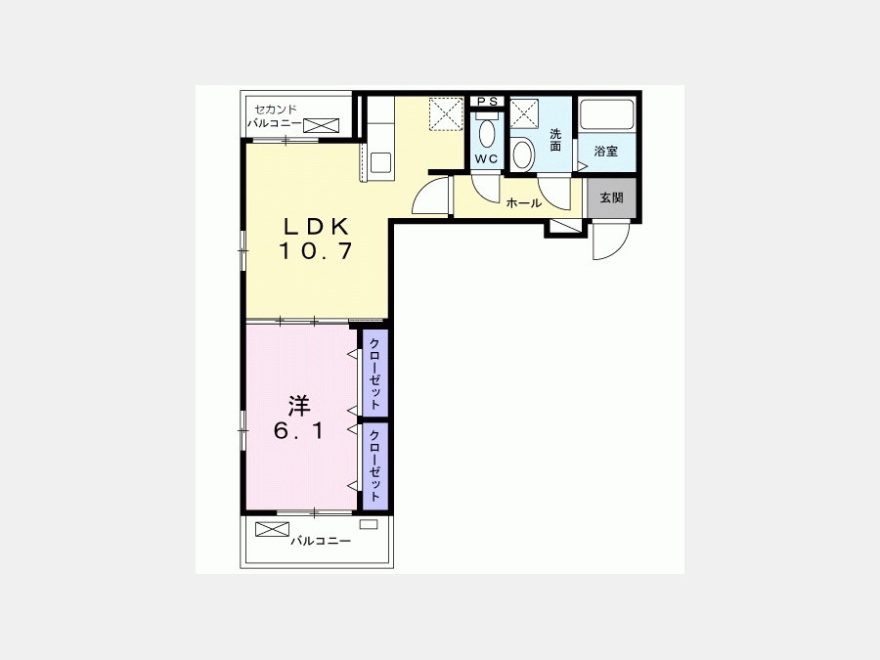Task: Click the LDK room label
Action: [x=317, y=226]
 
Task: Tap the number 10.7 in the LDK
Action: [x=316, y=250]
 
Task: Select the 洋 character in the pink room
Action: [x=300, y=406]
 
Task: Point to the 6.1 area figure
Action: [x=298, y=431]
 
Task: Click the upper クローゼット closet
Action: [x=374, y=374]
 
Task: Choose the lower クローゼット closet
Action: [x=374, y=465]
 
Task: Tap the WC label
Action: [x=486, y=158]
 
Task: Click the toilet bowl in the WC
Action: [x=487, y=132]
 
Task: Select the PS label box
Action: [x=487, y=102]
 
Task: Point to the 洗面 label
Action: [x=555, y=140]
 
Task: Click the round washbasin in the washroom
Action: [x=524, y=154]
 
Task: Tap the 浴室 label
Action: [x=606, y=151]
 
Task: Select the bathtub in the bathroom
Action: [x=606, y=114]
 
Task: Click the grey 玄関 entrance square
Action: [x=611, y=198]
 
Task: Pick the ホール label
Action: [x=523, y=203]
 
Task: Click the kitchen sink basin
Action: [x=381, y=162]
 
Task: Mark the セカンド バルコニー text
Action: [x=275, y=116]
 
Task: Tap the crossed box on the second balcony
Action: [x=322, y=125]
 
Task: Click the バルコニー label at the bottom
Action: [x=321, y=541]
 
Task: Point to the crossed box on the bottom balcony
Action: [x=272, y=529]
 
